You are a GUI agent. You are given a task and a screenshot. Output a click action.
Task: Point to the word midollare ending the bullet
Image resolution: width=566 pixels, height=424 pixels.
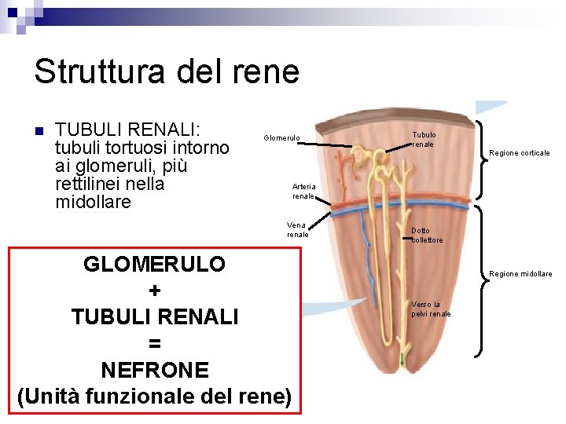pos(94,202)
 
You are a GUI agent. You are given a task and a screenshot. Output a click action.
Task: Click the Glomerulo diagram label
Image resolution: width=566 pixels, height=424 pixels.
pos(281,138)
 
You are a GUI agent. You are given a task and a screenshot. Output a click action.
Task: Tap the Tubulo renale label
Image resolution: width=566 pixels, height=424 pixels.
pos(424,139)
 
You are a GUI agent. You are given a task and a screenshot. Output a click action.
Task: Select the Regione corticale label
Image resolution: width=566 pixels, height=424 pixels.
pos(520,153)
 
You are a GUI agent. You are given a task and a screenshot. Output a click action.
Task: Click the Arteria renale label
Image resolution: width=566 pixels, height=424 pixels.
pos(303,191)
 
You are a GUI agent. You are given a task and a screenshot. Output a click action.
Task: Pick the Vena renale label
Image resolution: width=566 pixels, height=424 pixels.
pos(297,229)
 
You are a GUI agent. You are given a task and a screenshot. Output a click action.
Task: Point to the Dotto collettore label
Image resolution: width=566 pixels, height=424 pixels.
pos(427,235)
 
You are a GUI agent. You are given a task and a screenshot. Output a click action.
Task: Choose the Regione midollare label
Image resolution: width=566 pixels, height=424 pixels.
pos(520,274)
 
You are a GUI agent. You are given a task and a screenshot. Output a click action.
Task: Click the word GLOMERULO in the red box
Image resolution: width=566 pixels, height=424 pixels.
pos(154,264)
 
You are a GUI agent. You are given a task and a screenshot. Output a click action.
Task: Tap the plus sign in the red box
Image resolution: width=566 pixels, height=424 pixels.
pos(155,291)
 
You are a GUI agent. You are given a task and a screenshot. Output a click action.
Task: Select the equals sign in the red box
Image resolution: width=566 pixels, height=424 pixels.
pos(155,343)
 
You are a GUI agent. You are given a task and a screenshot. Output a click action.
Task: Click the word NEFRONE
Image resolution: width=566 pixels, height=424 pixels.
pos(155,370)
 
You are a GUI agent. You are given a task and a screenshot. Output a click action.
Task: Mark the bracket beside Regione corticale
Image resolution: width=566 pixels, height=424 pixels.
pos(481,153)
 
